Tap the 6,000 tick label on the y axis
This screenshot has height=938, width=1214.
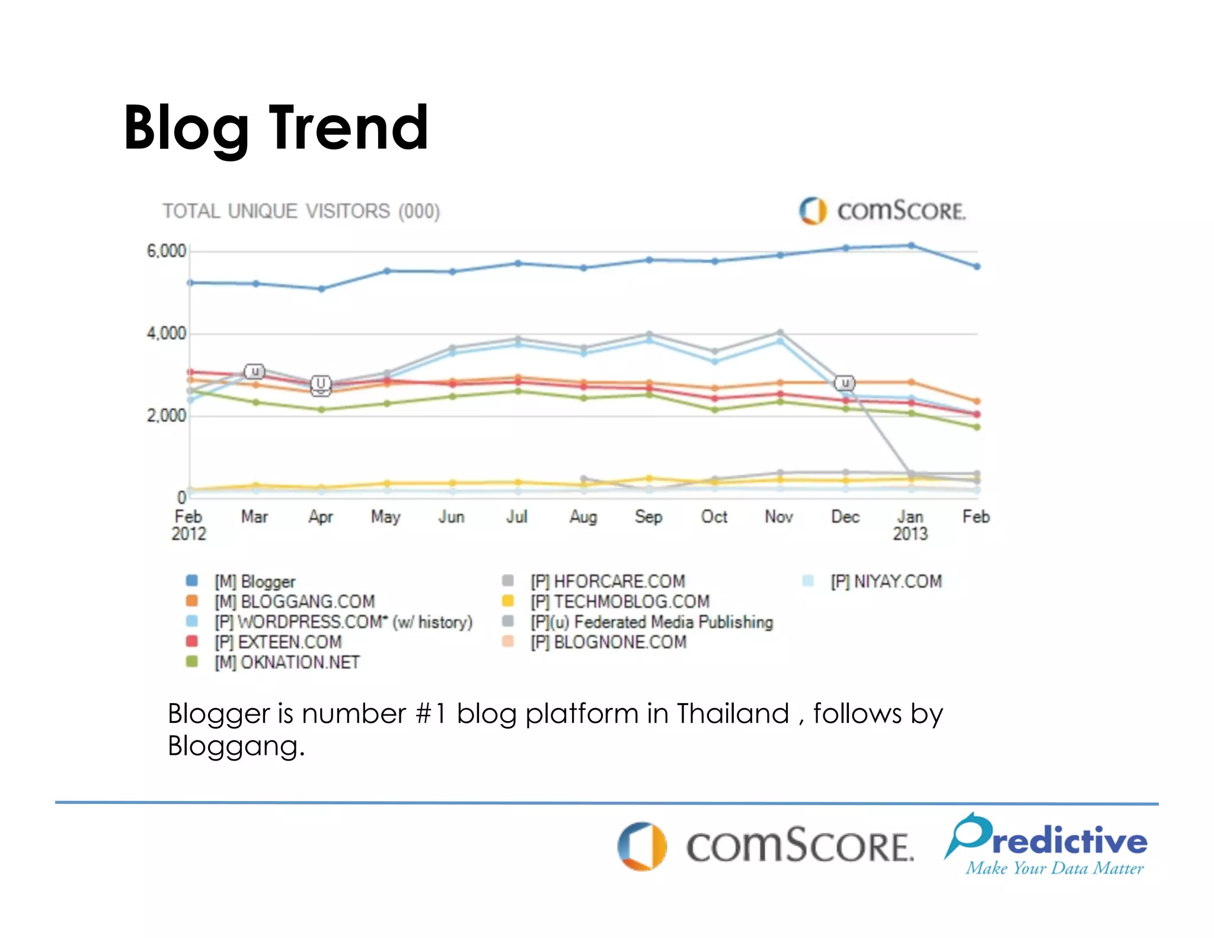pyautogui.click(x=166, y=251)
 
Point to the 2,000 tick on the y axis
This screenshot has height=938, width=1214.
pyautogui.click(x=166, y=416)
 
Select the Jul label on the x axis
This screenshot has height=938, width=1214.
pyautogui.click(x=517, y=517)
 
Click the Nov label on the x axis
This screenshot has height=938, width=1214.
pyautogui.click(x=779, y=517)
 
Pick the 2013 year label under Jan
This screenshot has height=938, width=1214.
pyautogui.click(x=910, y=534)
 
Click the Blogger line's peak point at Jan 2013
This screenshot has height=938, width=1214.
pyautogui.click(x=911, y=245)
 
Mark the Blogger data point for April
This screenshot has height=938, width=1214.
pyautogui.click(x=321, y=289)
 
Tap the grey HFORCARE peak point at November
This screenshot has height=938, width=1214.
pyautogui.click(x=780, y=333)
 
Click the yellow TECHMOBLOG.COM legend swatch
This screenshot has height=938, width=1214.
pyautogui.click(x=508, y=601)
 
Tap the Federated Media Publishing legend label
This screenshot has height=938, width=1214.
pyautogui.click(x=673, y=622)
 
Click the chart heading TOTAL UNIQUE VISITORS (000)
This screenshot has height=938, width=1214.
pyautogui.click(x=301, y=211)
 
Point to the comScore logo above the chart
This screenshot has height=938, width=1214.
pyautogui.click(x=882, y=210)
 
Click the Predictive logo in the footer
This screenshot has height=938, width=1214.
pyautogui.click(x=1046, y=845)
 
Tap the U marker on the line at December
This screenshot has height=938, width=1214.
pyautogui.click(x=845, y=383)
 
